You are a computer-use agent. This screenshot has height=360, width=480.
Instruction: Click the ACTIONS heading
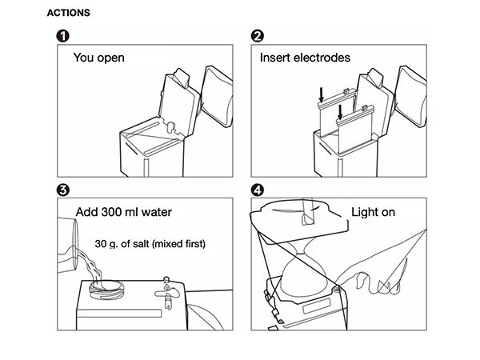[x=69, y=14]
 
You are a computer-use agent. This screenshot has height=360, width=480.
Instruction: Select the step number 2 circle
[x=257, y=37]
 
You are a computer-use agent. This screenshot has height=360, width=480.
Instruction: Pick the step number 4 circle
[x=257, y=190]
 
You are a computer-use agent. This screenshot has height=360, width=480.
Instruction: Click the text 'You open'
[x=99, y=58]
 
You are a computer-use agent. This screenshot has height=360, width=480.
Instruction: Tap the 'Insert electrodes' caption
[x=304, y=58]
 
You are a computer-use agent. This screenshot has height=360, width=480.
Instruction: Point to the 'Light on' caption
[x=374, y=213]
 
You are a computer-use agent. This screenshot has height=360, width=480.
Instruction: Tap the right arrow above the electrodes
[x=342, y=110]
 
